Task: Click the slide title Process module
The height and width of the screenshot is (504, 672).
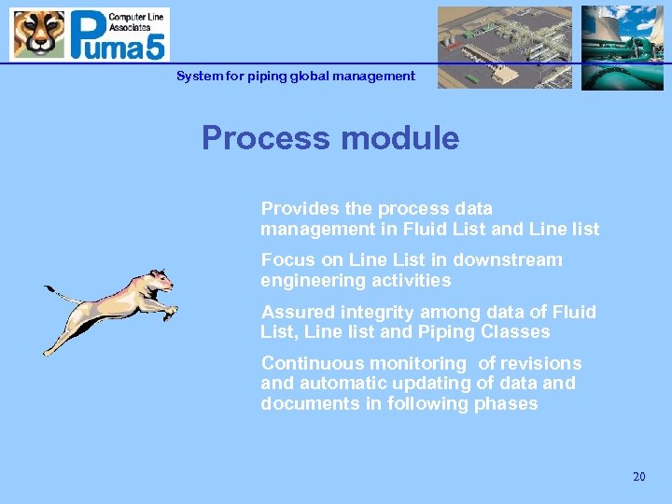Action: [330, 138]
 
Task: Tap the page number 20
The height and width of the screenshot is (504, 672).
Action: [638, 477]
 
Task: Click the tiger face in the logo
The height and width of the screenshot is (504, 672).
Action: [38, 34]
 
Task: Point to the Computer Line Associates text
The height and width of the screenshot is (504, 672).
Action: [137, 21]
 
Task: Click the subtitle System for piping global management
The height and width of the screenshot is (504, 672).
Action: [296, 76]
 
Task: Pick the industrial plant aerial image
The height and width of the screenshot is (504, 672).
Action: [504, 47]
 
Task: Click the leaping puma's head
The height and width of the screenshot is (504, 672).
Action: [159, 279]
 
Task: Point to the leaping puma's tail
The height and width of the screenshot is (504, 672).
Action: [65, 297]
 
